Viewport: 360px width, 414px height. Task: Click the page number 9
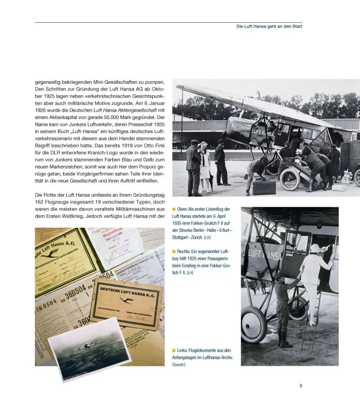coord(301,385)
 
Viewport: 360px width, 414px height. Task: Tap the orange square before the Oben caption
coord(174,209)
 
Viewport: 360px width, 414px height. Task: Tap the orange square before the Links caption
coord(174,350)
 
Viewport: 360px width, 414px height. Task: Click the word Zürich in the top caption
coord(190,238)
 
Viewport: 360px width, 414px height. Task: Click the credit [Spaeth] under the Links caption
coord(179,365)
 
